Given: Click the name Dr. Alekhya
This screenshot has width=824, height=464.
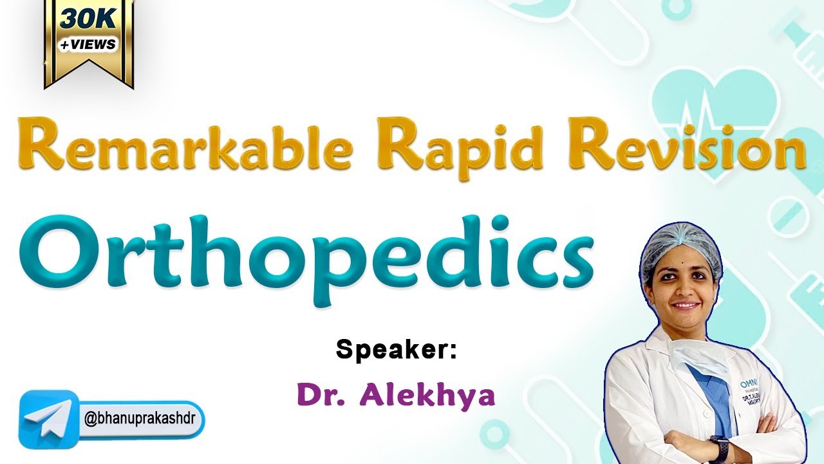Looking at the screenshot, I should pos(395,394).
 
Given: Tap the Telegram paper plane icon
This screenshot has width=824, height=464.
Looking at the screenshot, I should pos(48,418).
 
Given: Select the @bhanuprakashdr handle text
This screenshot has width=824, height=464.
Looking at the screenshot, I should pos(143,419).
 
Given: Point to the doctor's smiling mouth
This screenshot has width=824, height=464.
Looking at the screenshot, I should pos(685,305).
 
